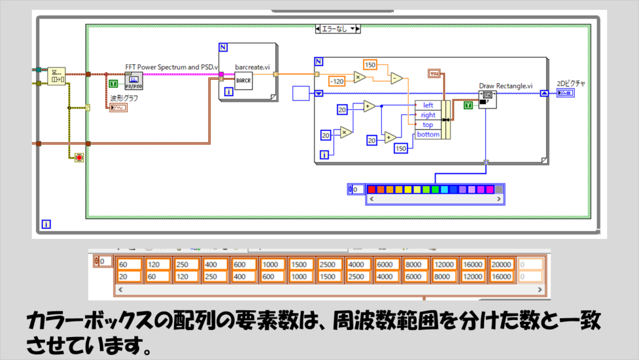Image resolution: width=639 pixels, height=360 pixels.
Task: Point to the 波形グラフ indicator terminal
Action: (x=118, y=108)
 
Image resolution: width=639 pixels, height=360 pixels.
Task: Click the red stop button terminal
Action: (x=79, y=157)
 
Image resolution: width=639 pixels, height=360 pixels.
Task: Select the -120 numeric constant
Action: (x=338, y=81)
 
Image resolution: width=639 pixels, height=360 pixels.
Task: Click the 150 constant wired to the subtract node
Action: (x=370, y=66)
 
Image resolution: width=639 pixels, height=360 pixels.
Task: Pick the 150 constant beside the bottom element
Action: (x=401, y=148)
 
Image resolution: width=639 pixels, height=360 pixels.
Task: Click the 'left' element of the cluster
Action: (x=428, y=105)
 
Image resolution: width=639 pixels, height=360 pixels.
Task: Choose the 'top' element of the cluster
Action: (x=428, y=125)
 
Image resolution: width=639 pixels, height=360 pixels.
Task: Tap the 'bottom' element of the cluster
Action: (x=428, y=135)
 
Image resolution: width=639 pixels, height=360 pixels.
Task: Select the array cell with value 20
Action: (x=129, y=276)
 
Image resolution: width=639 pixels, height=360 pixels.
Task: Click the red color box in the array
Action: (x=371, y=189)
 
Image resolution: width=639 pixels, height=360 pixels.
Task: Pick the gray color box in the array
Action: (x=499, y=189)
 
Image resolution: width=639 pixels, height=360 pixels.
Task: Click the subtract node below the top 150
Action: (x=396, y=79)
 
